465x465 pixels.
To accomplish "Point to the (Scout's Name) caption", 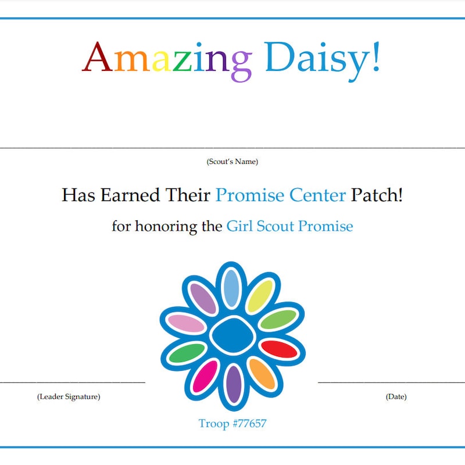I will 233,162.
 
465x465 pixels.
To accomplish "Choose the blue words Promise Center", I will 281,195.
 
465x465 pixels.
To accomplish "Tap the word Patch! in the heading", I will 377,195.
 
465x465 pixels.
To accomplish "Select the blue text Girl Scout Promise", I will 289,226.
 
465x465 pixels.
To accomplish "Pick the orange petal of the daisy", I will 262,373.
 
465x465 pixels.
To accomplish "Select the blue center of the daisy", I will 232,335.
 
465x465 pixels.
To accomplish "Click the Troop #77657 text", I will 233,423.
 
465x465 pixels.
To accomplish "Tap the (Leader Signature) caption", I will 69,397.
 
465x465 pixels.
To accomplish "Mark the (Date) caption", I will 396,397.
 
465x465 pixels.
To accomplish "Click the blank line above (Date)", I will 391,382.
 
